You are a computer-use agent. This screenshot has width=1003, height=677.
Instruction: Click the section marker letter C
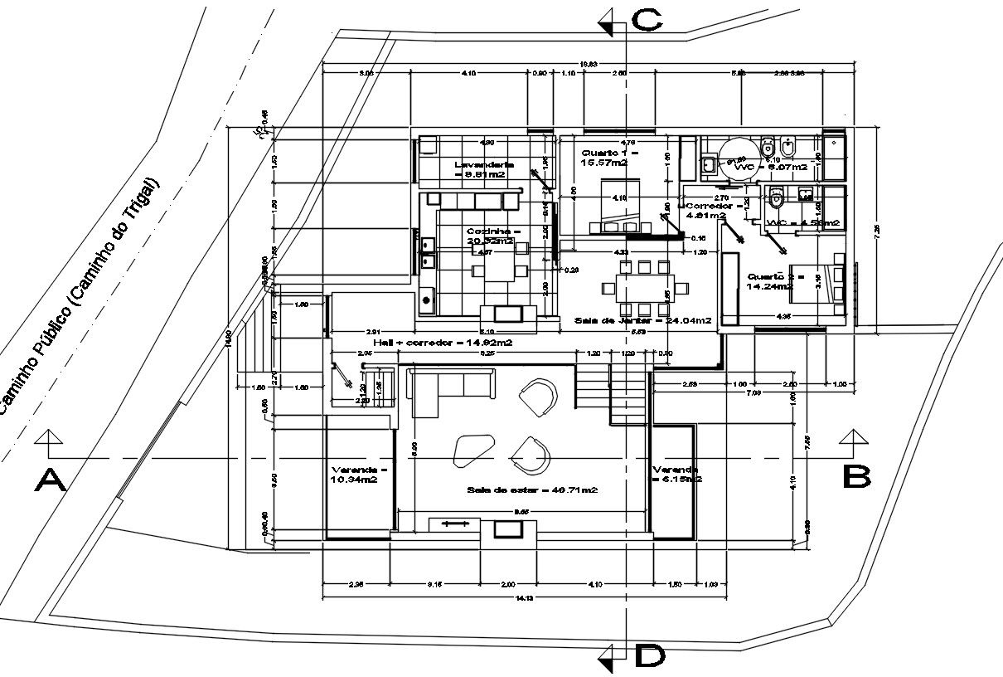pyautogui.click(x=647, y=20)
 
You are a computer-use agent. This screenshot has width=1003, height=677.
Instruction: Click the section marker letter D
pyautogui.click(x=650, y=657)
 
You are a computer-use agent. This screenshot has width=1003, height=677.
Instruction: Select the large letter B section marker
pyautogui.click(x=856, y=476)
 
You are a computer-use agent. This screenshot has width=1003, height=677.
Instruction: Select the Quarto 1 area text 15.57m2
pyautogui.click(x=602, y=163)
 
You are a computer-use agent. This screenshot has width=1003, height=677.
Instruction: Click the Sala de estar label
pyautogui.click(x=532, y=490)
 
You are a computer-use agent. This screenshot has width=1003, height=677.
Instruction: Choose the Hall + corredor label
pyautogui.click(x=442, y=342)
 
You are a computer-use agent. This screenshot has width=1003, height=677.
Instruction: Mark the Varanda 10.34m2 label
pyautogui.click(x=355, y=474)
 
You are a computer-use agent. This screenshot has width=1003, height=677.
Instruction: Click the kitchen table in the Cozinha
pyautogui.click(x=497, y=270)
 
